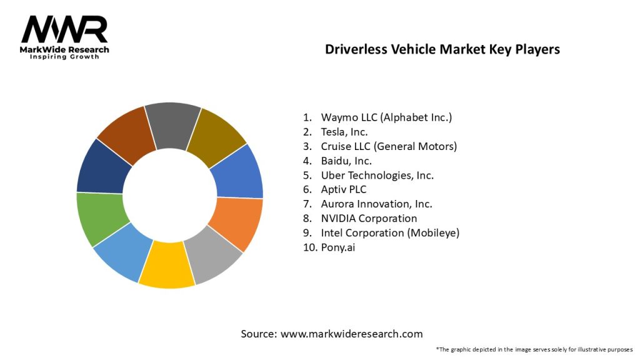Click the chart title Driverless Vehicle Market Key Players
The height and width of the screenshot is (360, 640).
pos(442,49)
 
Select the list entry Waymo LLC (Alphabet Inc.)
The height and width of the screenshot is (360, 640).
pos(386,117)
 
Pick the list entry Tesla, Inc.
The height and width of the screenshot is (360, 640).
pos(344,132)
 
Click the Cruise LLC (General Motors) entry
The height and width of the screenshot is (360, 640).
pos(389,146)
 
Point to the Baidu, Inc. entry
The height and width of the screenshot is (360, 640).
pos(345,161)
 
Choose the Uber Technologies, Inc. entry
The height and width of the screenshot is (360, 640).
pos(377,175)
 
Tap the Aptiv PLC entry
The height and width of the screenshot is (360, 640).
pos(344,189)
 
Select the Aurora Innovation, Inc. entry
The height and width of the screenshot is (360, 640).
pos(376,204)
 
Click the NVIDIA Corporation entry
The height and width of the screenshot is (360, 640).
pos(369,218)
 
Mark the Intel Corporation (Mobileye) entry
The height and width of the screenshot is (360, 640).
pos(390,232)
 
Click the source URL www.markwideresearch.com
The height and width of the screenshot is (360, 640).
pos(351,334)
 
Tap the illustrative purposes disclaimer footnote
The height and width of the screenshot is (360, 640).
pos(534,349)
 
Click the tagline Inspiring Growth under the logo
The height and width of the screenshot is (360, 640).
pos(65,57)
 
